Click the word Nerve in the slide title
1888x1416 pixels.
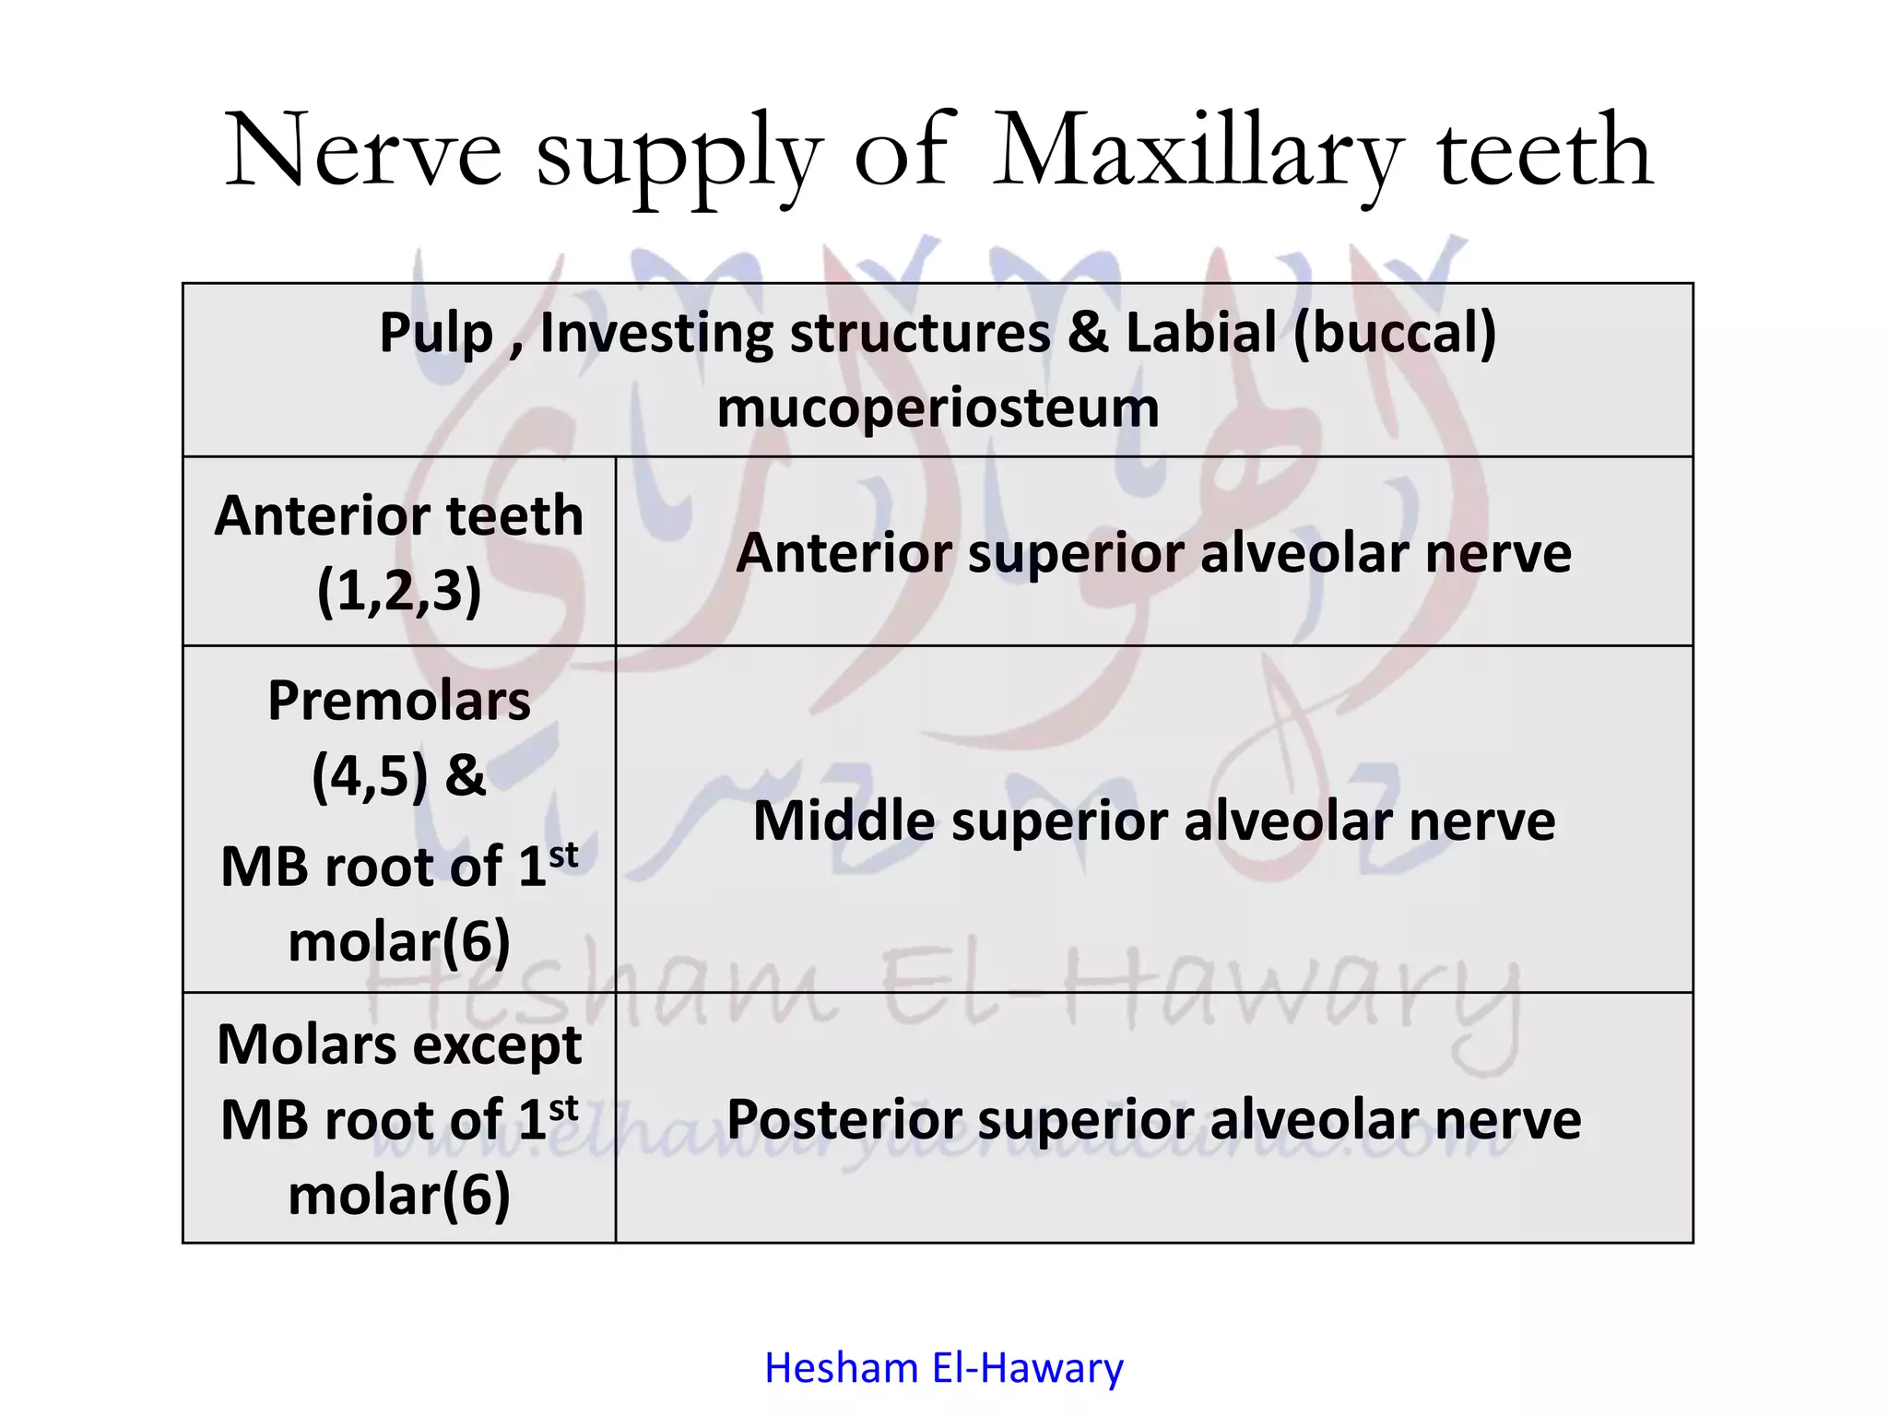363,150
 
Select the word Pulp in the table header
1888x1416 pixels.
435,333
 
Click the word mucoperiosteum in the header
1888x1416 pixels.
938,408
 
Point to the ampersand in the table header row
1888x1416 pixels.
1087,333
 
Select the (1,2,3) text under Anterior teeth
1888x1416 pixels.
399,590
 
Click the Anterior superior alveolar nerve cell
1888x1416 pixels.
1153,552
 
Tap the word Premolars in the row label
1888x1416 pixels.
399,702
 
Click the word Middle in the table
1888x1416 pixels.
844,820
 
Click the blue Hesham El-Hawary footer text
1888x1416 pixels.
943,1368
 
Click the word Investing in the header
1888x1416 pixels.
655,333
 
